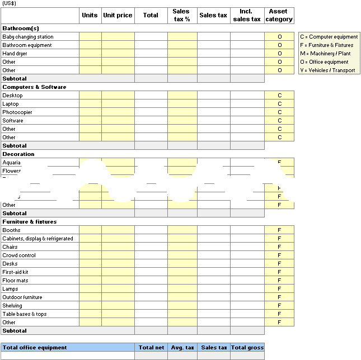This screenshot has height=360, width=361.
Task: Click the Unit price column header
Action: coord(118,15)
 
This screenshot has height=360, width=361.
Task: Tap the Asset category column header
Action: coord(279,15)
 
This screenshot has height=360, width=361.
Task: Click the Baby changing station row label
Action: coord(28,37)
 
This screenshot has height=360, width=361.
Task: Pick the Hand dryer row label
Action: coord(15,54)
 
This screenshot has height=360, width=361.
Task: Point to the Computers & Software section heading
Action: coord(34,87)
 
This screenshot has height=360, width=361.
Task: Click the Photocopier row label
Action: coord(17,112)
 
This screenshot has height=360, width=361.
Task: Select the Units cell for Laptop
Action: coord(90,104)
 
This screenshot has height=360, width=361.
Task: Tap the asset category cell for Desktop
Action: coord(279,96)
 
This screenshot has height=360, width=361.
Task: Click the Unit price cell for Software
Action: coord(118,121)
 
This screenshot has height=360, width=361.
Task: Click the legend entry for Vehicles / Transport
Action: coord(327,70)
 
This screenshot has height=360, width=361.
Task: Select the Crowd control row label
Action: coord(19,255)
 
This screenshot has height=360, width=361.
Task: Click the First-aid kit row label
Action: coord(15,272)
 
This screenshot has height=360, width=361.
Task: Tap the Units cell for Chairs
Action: coord(90,247)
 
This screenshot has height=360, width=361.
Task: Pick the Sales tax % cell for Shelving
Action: coord(182,306)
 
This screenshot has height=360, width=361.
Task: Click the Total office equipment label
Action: coord(35,348)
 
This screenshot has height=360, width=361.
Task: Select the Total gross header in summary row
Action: coord(247,348)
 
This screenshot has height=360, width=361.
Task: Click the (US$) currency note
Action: coord(10,3)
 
